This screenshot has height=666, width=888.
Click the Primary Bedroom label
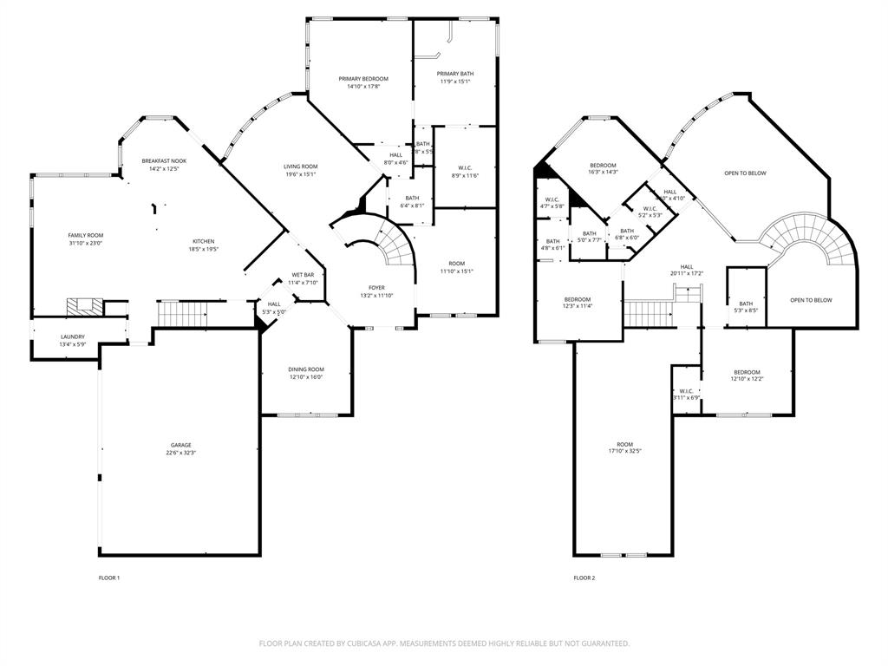click(x=362, y=79)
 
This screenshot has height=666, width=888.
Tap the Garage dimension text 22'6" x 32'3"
click(x=180, y=453)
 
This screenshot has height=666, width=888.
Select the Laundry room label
click(x=72, y=337)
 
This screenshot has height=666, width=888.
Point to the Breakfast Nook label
click(x=164, y=160)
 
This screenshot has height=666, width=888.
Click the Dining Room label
click(x=306, y=369)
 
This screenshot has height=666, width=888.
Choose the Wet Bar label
click(x=303, y=275)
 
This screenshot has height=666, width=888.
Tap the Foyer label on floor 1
click(x=376, y=288)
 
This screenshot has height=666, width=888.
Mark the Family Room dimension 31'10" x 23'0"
click(x=86, y=243)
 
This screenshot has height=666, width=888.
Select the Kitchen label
click(x=204, y=241)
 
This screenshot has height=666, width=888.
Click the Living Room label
click(x=301, y=166)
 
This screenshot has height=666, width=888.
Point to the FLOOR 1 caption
click(x=109, y=578)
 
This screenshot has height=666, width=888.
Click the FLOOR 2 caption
click(x=584, y=578)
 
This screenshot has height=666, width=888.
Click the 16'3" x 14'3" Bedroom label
click(x=603, y=166)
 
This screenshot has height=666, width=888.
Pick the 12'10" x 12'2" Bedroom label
click(x=746, y=372)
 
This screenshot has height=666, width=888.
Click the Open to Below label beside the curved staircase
click(x=811, y=300)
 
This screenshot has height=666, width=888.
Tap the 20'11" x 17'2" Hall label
click(x=686, y=267)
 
